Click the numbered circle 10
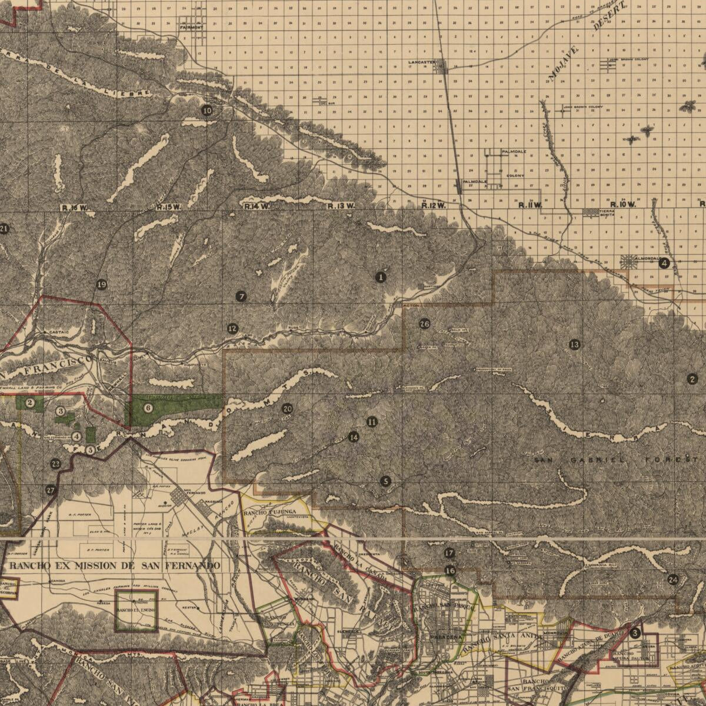(x=207, y=110)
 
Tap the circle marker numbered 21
(x=4, y=229)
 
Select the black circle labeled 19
(x=101, y=285)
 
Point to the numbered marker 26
(x=425, y=323)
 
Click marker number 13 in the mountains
(x=574, y=344)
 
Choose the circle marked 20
(x=287, y=409)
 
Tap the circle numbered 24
(x=673, y=580)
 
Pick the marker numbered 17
(x=449, y=553)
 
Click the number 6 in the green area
(x=148, y=408)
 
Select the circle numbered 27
(x=50, y=489)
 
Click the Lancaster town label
(x=421, y=61)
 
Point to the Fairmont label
(x=191, y=27)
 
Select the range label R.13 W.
(x=341, y=206)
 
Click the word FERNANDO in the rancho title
(x=186, y=565)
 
